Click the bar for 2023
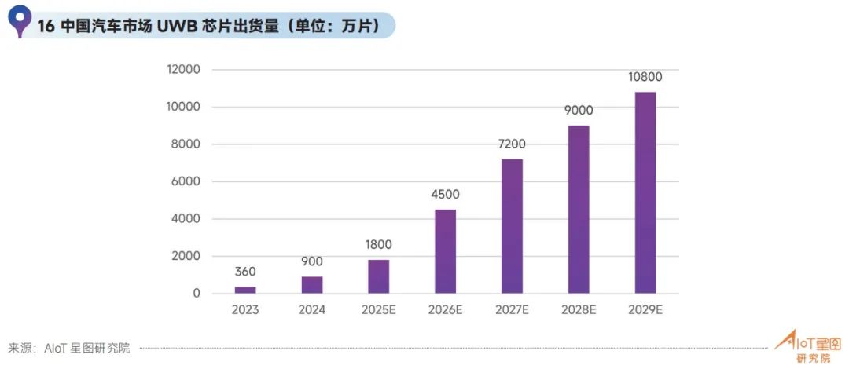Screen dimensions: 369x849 click(244, 290)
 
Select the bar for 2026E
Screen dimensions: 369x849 click(445, 251)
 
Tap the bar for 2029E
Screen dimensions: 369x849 click(645, 192)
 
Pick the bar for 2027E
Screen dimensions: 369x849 click(512, 226)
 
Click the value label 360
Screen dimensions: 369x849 click(244, 272)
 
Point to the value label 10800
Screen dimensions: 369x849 click(645, 77)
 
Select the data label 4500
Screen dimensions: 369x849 click(445, 194)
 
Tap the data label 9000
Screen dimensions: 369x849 click(579, 110)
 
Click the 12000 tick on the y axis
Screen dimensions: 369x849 click(184, 69)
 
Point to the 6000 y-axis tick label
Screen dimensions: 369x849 click(187, 181)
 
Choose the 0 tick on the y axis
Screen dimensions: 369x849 click(196, 294)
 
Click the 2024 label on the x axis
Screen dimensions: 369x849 click(311, 309)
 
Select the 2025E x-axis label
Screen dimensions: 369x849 click(378, 309)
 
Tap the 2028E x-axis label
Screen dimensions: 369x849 click(579, 309)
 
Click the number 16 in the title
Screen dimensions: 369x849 click(46, 26)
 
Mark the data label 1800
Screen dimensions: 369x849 click(378, 244)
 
